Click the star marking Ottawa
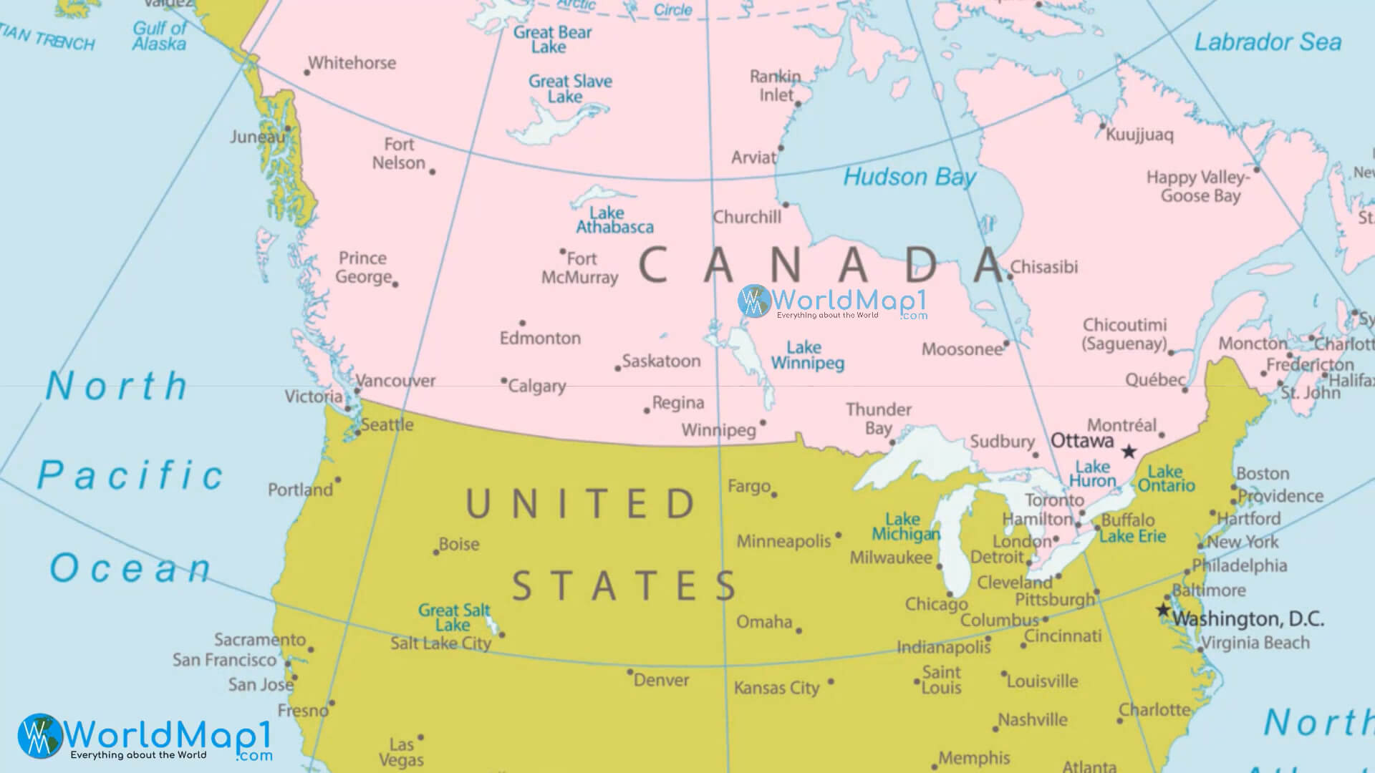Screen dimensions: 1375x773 [x=1129, y=452]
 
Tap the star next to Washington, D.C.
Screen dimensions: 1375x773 [x=1163, y=611]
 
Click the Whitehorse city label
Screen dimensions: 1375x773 [x=352, y=63]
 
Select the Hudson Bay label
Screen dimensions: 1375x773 [x=909, y=177]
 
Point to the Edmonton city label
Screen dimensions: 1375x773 [x=540, y=338]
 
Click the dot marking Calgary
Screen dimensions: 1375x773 [x=503, y=381]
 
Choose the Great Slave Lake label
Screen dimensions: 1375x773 [x=570, y=89]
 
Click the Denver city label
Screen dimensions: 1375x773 [x=661, y=680]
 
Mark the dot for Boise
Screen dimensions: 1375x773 [x=435, y=553]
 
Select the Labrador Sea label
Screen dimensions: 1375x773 [x=1267, y=42]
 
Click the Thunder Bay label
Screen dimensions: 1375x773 [x=878, y=419]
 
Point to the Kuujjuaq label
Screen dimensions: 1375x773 [x=1139, y=135]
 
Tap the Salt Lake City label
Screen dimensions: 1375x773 [x=440, y=643]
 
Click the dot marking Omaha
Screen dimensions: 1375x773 [x=799, y=631]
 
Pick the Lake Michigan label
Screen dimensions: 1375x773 [x=905, y=527]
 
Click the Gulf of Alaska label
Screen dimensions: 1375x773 [x=159, y=36]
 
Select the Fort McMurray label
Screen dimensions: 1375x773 [x=580, y=268]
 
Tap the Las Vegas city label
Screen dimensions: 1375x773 [x=406, y=752]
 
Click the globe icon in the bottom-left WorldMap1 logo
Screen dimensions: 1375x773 [x=40, y=735]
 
